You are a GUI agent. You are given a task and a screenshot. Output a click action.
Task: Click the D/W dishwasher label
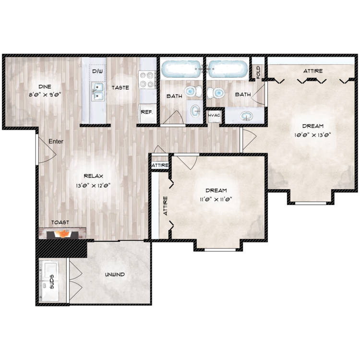pos(97,71)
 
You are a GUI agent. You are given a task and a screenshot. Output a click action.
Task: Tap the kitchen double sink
pos(97,91)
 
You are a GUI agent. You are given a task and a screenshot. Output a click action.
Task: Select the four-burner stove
pos(147,80)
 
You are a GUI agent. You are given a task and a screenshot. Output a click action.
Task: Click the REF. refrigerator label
pos(147,112)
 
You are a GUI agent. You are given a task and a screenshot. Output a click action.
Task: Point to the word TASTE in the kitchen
pos(120,88)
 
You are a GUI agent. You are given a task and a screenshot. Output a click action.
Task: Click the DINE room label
pos(45,87)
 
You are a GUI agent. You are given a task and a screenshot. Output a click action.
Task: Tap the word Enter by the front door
pos(56,142)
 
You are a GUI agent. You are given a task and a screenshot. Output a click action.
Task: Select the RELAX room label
pos(93,176)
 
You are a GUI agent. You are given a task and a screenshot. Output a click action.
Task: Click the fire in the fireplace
pos(63,234)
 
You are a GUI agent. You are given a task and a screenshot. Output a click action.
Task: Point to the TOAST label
pos(60,222)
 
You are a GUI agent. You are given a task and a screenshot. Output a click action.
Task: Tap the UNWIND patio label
pos(115,275)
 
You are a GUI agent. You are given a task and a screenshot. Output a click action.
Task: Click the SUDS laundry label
pos(52,282)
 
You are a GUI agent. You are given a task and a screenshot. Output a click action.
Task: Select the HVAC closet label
pos(214,115)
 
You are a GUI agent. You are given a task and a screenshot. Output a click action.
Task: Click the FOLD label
pos(258,72)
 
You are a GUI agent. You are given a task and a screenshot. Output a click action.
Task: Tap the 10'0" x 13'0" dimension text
pos(312,135)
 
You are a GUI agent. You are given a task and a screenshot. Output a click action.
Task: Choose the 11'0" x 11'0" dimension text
pos(216,199)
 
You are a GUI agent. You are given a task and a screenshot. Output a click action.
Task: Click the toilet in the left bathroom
pos(193,91)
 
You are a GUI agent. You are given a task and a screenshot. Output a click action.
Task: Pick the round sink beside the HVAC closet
pos(246,116)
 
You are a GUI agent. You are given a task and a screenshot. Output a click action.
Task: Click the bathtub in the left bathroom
pos(181,69)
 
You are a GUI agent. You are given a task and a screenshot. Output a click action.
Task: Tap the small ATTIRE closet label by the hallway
pos(160,165)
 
